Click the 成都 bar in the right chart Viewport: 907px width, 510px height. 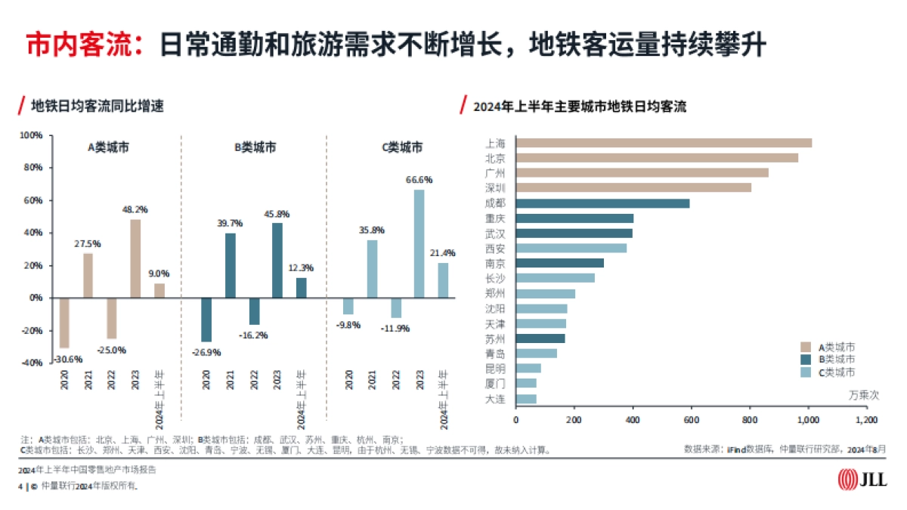[x=602, y=203]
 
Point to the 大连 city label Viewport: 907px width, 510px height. [x=495, y=399]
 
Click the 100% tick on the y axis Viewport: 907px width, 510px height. [x=31, y=136]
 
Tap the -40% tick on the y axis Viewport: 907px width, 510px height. [x=31, y=363]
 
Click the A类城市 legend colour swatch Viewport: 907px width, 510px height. [x=806, y=347]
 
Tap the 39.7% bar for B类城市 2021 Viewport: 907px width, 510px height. [x=231, y=265]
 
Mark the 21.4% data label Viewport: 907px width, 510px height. [x=442, y=252]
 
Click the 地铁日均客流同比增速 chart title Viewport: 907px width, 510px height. [x=98, y=106]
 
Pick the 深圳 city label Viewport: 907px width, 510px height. [x=495, y=187]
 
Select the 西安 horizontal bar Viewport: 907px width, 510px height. [x=571, y=248]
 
